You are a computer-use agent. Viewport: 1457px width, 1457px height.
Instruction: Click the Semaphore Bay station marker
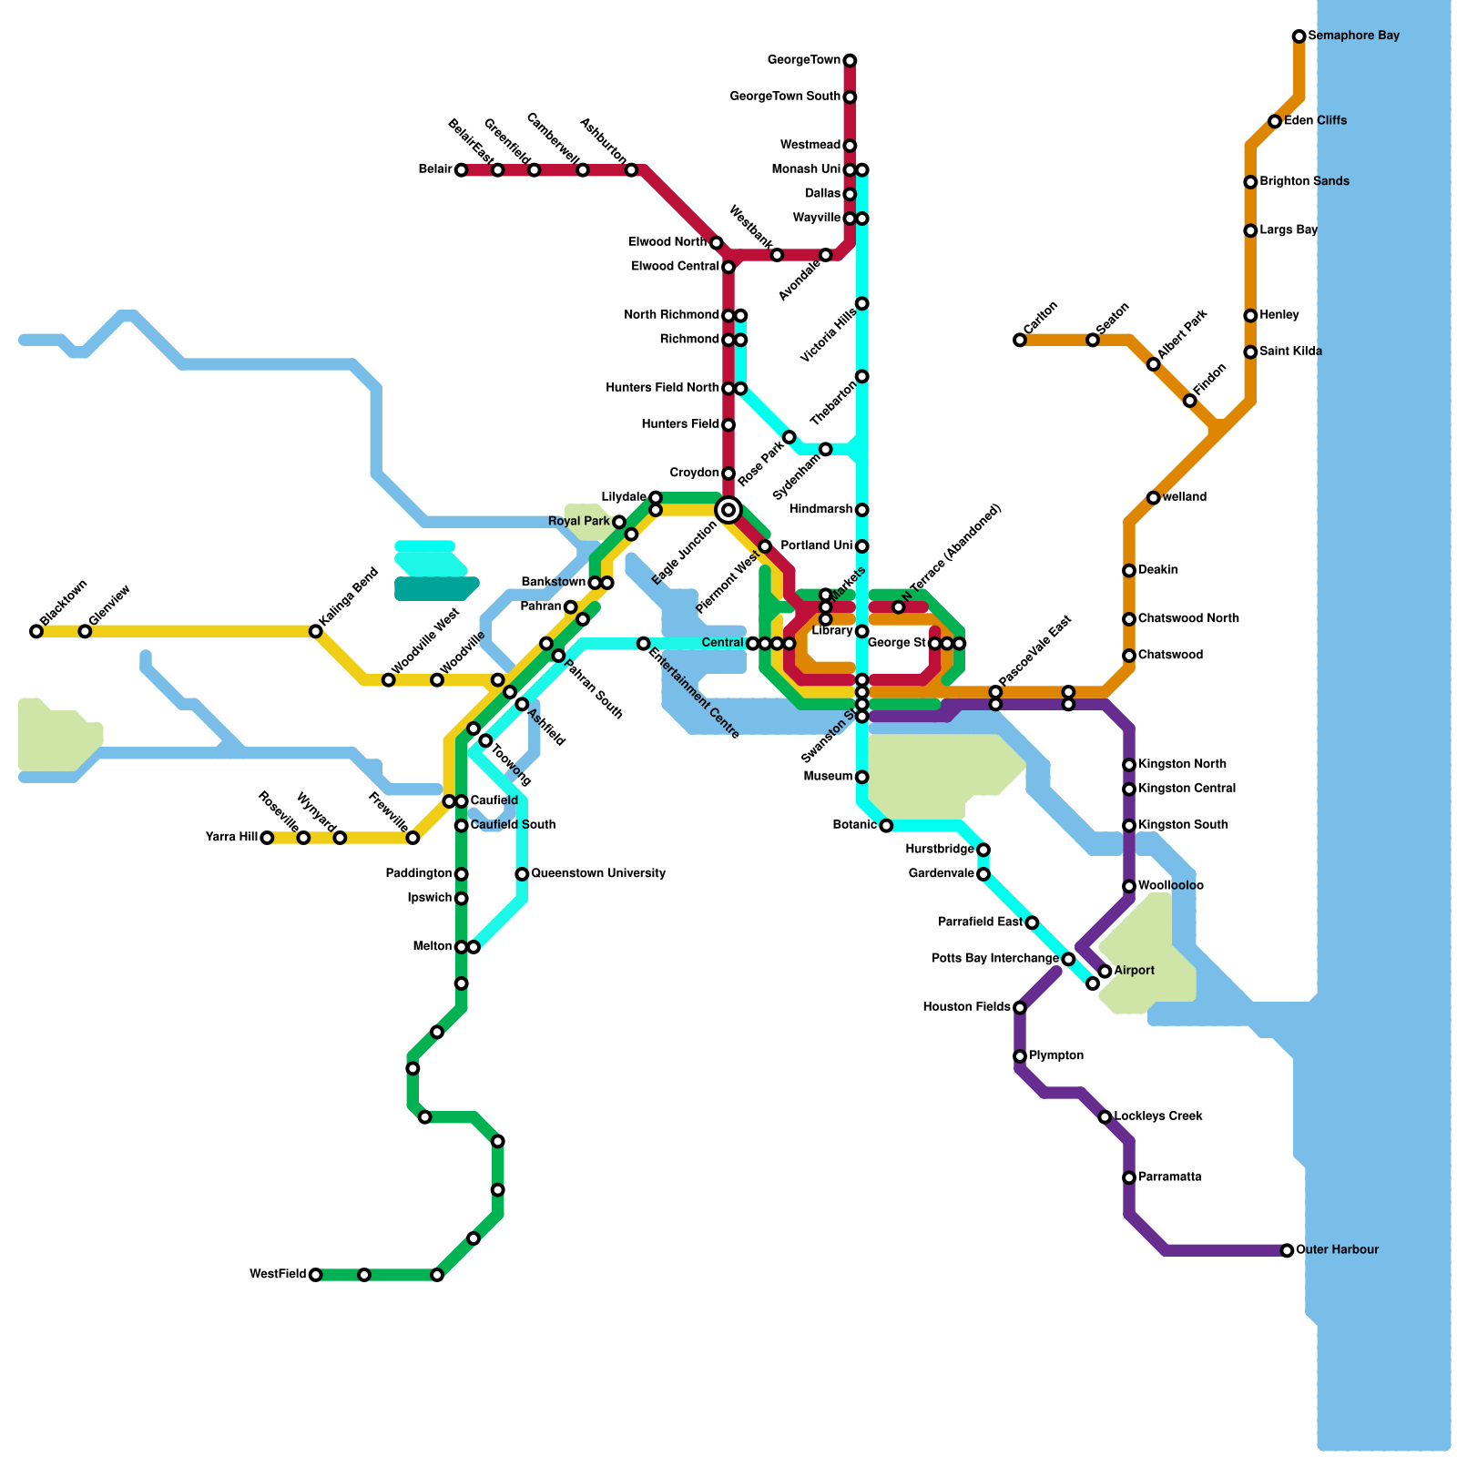[x=1299, y=36]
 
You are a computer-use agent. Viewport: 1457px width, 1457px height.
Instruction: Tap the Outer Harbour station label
[x=1337, y=1250]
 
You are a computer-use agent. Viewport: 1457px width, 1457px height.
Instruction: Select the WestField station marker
[x=315, y=1275]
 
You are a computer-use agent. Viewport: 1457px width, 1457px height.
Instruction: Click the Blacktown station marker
[x=36, y=631]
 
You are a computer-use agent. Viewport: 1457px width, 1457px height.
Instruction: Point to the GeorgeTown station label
[x=804, y=61]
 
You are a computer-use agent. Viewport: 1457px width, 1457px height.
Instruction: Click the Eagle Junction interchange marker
[x=728, y=510]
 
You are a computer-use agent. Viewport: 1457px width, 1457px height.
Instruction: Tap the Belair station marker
[x=462, y=170]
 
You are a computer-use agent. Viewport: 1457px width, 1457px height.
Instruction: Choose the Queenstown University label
[x=598, y=874]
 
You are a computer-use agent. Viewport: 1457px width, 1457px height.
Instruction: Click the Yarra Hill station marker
[x=267, y=838]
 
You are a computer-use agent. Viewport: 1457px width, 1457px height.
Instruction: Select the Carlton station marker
[x=1020, y=341]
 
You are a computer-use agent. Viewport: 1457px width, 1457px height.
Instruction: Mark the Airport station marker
[x=1105, y=972]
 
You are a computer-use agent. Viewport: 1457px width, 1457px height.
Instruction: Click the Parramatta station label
[x=1169, y=1177]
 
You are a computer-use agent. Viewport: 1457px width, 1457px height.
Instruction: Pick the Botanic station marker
[x=886, y=826]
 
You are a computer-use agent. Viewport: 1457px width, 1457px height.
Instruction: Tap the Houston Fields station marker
[x=1020, y=1008]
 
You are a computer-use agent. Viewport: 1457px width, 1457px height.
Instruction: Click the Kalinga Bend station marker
[x=315, y=631]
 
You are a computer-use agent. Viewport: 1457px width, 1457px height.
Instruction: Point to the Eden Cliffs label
[x=1315, y=121]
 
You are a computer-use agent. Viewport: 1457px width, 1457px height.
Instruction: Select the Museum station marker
[x=861, y=777]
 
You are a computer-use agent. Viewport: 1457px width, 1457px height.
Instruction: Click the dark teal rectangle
[x=436, y=589]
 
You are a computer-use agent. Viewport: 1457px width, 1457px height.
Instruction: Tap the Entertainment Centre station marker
[x=643, y=644]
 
